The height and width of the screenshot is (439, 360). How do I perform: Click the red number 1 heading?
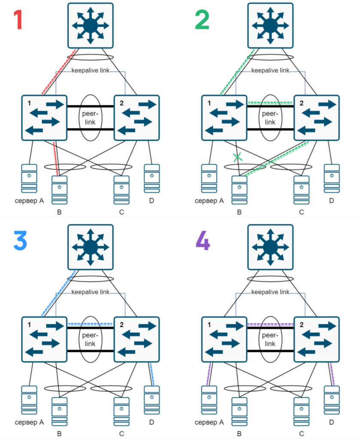coord(18,20)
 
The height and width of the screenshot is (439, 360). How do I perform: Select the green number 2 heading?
coord(202,20)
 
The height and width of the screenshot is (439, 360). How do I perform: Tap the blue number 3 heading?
coord(21,241)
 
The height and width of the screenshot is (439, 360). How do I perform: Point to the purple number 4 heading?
coord(203,241)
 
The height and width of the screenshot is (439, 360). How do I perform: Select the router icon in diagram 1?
coord(90,25)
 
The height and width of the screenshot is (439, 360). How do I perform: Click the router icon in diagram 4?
coord(270,247)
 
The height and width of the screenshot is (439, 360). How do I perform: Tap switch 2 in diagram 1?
coord(136,117)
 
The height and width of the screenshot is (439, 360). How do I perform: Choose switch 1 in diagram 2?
coord(224,117)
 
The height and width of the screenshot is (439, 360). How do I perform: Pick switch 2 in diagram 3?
coord(136,339)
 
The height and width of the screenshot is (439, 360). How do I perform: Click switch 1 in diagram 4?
coord(224,339)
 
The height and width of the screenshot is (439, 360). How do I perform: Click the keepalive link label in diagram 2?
coord(270,70)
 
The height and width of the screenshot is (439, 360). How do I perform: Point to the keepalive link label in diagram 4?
coord(270,292)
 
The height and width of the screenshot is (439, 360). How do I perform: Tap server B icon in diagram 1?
coord(59,190)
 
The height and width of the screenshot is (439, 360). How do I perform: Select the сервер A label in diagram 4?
coord(210,422)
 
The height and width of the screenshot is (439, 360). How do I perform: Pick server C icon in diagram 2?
coord(302,190)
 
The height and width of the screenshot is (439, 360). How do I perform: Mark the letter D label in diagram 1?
coord(151,201)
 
